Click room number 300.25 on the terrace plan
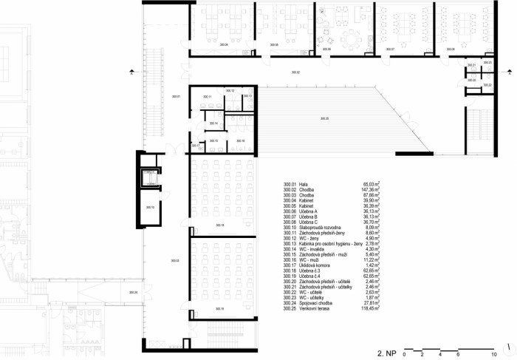pos(324,118)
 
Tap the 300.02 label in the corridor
pos(295,72)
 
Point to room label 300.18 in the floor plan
pos(220,225)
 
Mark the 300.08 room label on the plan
pos(451,50)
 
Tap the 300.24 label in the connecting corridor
pos(133,293)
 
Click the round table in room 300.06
pos(347,37)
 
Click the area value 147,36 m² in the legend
pos(369,189)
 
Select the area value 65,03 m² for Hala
pos(370,184)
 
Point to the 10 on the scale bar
pos(493,356)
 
